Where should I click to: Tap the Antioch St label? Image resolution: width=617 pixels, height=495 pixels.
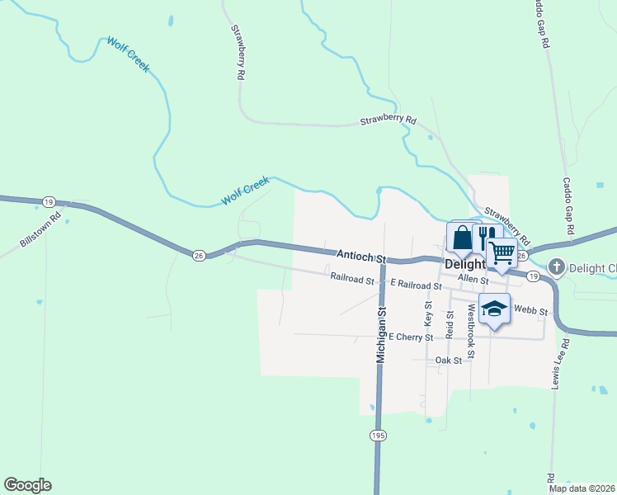pos(361,257)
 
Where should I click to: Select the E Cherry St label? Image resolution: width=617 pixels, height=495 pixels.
pos(411,337)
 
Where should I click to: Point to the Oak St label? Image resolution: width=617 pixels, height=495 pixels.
pos(449,361)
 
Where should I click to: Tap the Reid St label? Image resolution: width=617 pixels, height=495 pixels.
pos(450,325)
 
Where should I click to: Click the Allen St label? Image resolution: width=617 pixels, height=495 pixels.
pos(473,280)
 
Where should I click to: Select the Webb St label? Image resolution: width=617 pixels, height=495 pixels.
pos(530,310)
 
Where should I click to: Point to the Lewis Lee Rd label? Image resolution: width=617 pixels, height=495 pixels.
pos(560,364)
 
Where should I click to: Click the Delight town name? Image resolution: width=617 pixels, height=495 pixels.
pos(464,266)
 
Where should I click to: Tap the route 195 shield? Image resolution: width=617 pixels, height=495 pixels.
pos(378,435)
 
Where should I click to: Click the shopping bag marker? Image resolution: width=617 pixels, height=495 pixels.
pos(463,238)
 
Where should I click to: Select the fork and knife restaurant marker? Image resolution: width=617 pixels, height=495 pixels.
pos(485,239)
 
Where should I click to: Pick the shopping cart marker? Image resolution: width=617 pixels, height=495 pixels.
pos(502,252)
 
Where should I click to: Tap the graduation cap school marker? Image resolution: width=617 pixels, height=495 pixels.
pos(494,308)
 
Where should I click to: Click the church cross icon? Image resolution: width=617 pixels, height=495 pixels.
pos(557,266)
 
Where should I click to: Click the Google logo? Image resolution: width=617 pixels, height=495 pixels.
pos(27,485)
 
